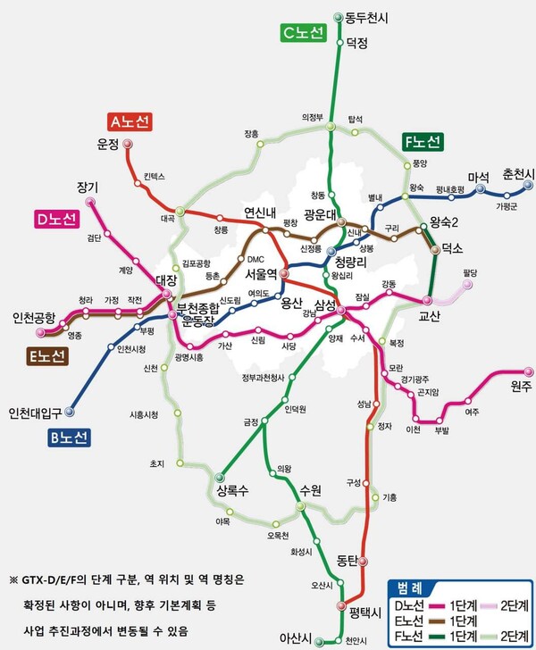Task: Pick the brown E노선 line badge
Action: pos(46,356)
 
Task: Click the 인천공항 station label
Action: pos(33,317)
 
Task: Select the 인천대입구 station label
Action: pos(35,412)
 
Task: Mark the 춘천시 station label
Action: pos(516,172)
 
